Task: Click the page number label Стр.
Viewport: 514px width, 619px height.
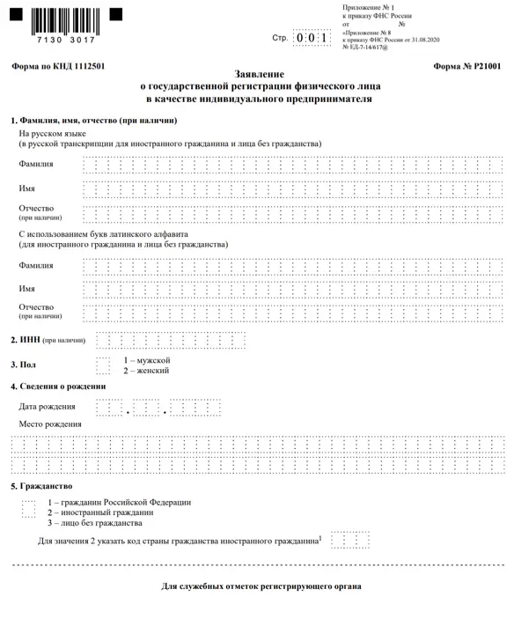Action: click(x=280, y=39)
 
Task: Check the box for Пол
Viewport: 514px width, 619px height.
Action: click(x=103, y=365)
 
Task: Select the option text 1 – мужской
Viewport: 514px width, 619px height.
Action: click(x=146, y=360)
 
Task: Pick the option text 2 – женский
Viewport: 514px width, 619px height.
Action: click(x=146, y=371)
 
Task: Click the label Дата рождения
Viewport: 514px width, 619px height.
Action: click(x=47, y=407)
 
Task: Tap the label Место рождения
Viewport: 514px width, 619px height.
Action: click(x=50, y=424)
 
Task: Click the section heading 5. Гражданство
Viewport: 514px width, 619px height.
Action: click(x=41, y=486)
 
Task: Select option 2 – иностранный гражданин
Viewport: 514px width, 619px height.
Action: click(x=100, y=512)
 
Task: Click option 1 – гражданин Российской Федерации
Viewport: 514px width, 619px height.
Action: click(x=119, y=502)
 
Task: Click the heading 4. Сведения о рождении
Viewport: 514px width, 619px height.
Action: click(x=58, y=387)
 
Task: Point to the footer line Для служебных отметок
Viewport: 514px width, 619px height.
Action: click(x=261, y=586)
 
